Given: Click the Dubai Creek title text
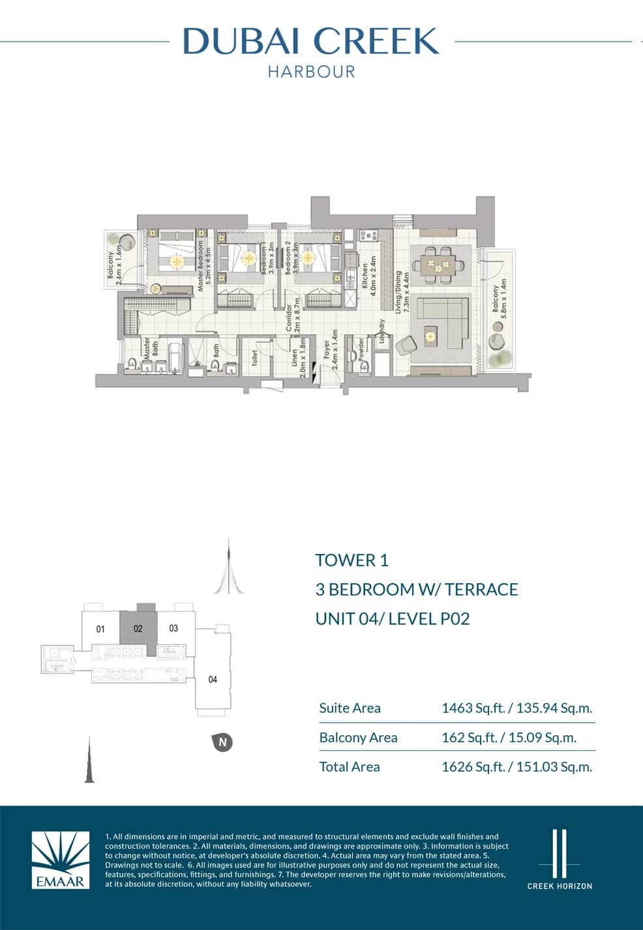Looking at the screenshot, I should coord(311,41).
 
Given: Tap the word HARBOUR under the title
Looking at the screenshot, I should coord(311,72).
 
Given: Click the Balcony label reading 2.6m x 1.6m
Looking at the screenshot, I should coord(115,263).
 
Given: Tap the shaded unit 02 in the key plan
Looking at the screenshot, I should coord(138,629).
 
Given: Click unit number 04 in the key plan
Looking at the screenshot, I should coord(213,680).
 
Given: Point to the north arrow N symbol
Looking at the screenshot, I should coord(222,742).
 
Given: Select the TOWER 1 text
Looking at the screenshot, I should coord(351,560).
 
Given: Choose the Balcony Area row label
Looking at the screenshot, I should coord(358,738).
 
